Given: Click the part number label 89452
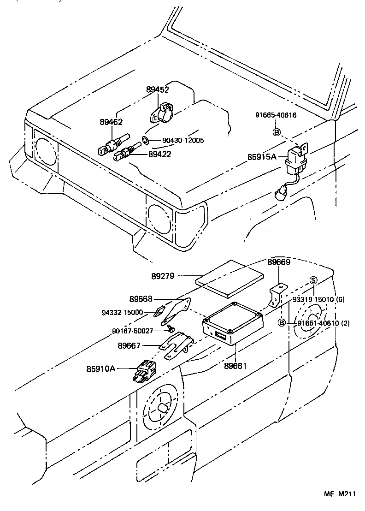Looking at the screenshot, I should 158,90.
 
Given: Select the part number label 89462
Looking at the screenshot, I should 111,122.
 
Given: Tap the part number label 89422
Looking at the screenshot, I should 159,154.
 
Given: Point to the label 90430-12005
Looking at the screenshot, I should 182,140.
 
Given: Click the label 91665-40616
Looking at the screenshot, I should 276,116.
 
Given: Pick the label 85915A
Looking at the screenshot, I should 261,157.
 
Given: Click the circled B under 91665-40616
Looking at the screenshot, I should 277,132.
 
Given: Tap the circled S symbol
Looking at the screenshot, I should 313,280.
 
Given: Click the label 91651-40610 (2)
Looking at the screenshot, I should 323,323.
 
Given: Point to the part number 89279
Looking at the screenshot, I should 163,276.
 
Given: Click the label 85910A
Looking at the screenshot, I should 101,368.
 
